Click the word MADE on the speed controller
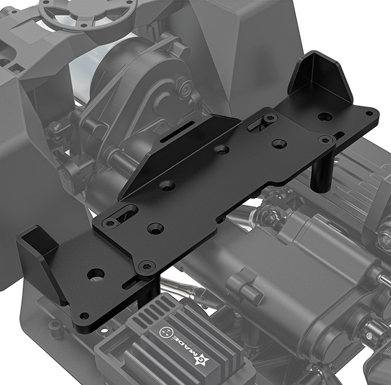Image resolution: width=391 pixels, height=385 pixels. click(x=185, y=345)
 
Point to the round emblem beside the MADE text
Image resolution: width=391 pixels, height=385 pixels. click(x=165, y=332)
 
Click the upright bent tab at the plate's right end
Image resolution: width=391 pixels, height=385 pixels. click(x=320, y=74)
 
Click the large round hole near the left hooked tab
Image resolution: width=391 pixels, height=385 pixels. click(x=96, y=274)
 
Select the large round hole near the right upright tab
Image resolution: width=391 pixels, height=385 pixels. click(x=325, y=116)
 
